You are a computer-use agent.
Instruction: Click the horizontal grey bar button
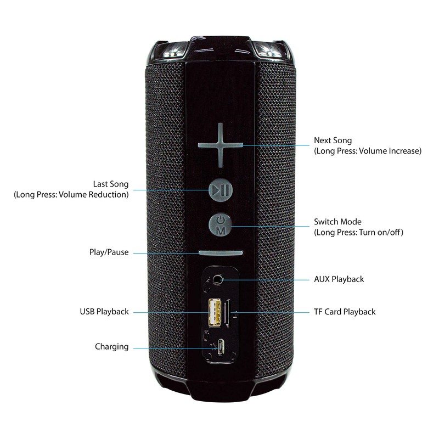pyautogui.click(x=221, y=254)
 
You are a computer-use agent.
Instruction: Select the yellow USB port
pyautogui.click(x=214, y=311)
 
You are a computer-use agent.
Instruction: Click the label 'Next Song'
pyautogui.click(x=333, y=140)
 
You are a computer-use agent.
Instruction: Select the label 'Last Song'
pyautogui.click(x=111, y=184)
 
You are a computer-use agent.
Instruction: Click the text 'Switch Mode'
pyautogui.click(x=337, y=222)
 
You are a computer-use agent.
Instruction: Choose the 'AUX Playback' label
pyautogui.click(x=339, y=279)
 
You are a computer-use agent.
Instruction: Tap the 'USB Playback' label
pyautogui.click(x=104, y=312)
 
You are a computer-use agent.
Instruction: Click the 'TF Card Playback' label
pyautogui.click(x=345, y=312)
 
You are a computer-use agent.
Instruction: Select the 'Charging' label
pyautogui.click(x=111, y=347)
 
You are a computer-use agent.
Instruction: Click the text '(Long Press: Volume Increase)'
pyautogui.click(x=367, y=151)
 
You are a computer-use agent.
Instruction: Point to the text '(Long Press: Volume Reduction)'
pyautogui.click(x=71, y=195)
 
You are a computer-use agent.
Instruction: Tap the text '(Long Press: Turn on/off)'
pyautogui.click(x=358, y=233)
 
